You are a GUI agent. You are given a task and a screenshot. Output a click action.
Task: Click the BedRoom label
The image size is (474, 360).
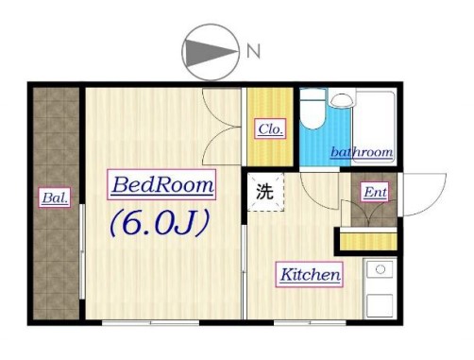coord(161,185)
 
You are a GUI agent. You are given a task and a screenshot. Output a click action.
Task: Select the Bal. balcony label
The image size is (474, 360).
coord(55,197)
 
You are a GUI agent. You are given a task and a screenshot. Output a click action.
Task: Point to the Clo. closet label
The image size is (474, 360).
coord(270,129)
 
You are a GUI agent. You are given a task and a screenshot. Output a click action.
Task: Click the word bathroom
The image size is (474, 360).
coord(362,152)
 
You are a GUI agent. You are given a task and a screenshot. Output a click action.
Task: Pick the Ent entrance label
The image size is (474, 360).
coord(375,192)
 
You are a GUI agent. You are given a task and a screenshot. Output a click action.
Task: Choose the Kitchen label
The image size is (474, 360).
coord(310,274)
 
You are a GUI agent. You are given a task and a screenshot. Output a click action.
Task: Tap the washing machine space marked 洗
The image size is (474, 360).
coord(265,192)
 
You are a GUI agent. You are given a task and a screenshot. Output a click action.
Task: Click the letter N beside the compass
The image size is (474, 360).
coord(253,51)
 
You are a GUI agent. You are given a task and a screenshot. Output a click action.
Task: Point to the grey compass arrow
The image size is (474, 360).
coord(211,52)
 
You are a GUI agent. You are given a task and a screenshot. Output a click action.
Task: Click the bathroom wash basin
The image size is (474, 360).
coord(341,98)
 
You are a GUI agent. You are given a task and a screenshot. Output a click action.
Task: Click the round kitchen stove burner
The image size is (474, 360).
coord(381,269)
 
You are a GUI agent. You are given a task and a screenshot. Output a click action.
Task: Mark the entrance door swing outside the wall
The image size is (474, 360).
coord(424,195)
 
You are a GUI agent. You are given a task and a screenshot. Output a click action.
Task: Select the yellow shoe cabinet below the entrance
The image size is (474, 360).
coord(368,241)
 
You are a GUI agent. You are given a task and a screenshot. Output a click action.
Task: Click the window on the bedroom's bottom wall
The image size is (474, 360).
coord(150,323)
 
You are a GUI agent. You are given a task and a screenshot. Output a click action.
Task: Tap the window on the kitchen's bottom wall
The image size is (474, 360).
coord(310,323)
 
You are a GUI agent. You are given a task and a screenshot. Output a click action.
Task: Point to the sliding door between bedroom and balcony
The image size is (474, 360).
coord(82,251)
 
